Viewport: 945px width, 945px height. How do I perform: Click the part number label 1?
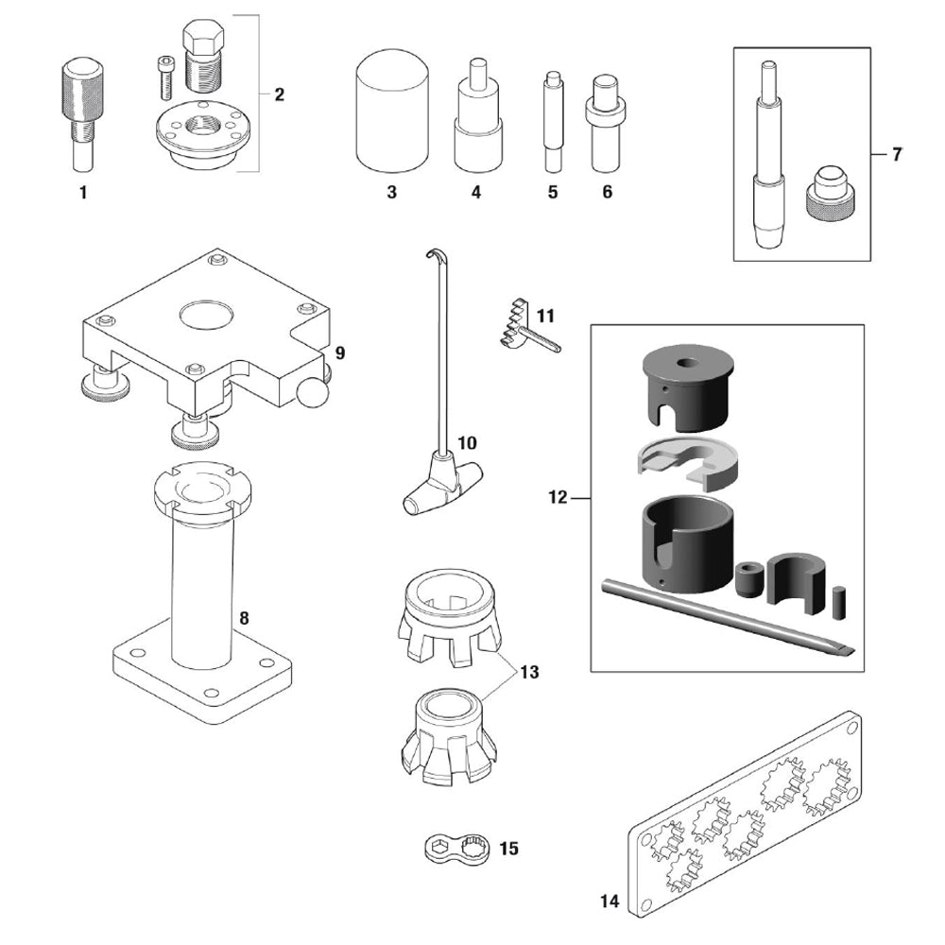tap(82, 193)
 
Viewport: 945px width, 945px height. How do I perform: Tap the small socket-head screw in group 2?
tap(163, 76)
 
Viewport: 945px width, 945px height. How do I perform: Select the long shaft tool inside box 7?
tap(768, 161)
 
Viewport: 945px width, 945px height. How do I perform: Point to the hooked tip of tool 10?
tap(434, 256)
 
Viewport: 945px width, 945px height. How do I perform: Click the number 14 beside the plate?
tap(610, 902)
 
